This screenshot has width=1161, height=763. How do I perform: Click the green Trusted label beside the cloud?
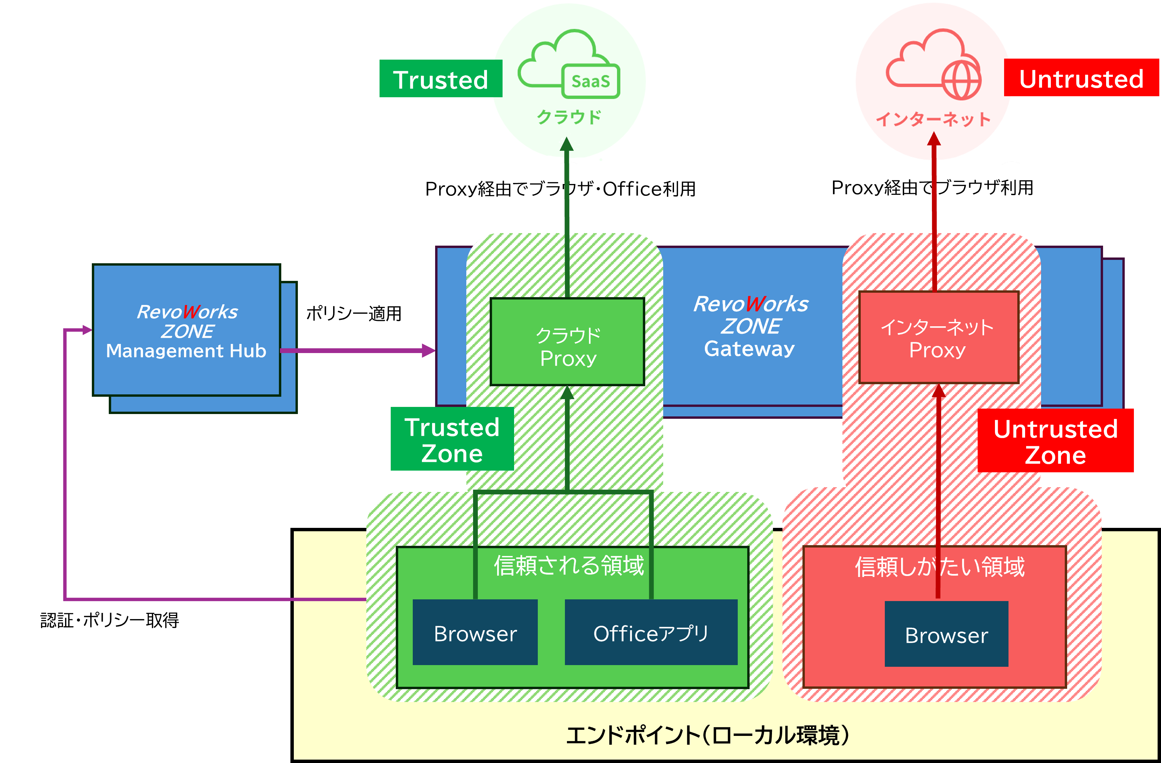(x=441, y=79)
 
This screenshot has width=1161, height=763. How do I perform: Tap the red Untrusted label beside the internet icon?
(x=1081, y=78)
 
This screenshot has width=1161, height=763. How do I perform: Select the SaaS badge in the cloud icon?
(x=591, y=81)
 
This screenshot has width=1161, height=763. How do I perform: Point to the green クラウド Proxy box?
(x=567, y=342)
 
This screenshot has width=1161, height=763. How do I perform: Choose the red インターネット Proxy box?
(x=939, y=337)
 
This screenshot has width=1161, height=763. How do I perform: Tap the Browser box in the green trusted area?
(x=475, y=633)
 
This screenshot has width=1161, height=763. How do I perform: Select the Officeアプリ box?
(x=651, y=633)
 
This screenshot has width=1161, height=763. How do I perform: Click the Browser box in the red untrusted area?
(x=946, y=634)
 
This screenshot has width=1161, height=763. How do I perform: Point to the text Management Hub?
(x=186, y=351)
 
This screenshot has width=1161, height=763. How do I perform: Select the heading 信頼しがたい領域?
(x=939, y=567)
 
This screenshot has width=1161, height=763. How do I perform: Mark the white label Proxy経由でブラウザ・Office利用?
(x=561, y=188)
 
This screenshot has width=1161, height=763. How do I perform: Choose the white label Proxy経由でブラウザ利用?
(x=932, y=187)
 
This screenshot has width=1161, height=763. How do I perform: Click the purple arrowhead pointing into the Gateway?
(x=429, y=350)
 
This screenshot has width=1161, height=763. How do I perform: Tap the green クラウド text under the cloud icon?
(x=569, y=117)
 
